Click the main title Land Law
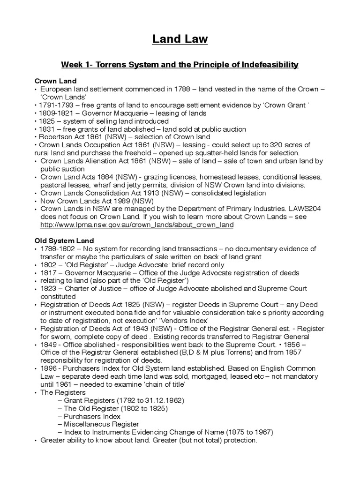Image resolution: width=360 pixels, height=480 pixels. click(180, 40)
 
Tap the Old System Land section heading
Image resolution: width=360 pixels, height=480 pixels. click(65, 240)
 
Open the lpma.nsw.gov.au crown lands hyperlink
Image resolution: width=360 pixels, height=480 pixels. click(137, 225)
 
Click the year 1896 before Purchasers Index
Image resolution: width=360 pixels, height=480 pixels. click(49, 368)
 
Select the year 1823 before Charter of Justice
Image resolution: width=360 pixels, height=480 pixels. click(50, 288)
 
